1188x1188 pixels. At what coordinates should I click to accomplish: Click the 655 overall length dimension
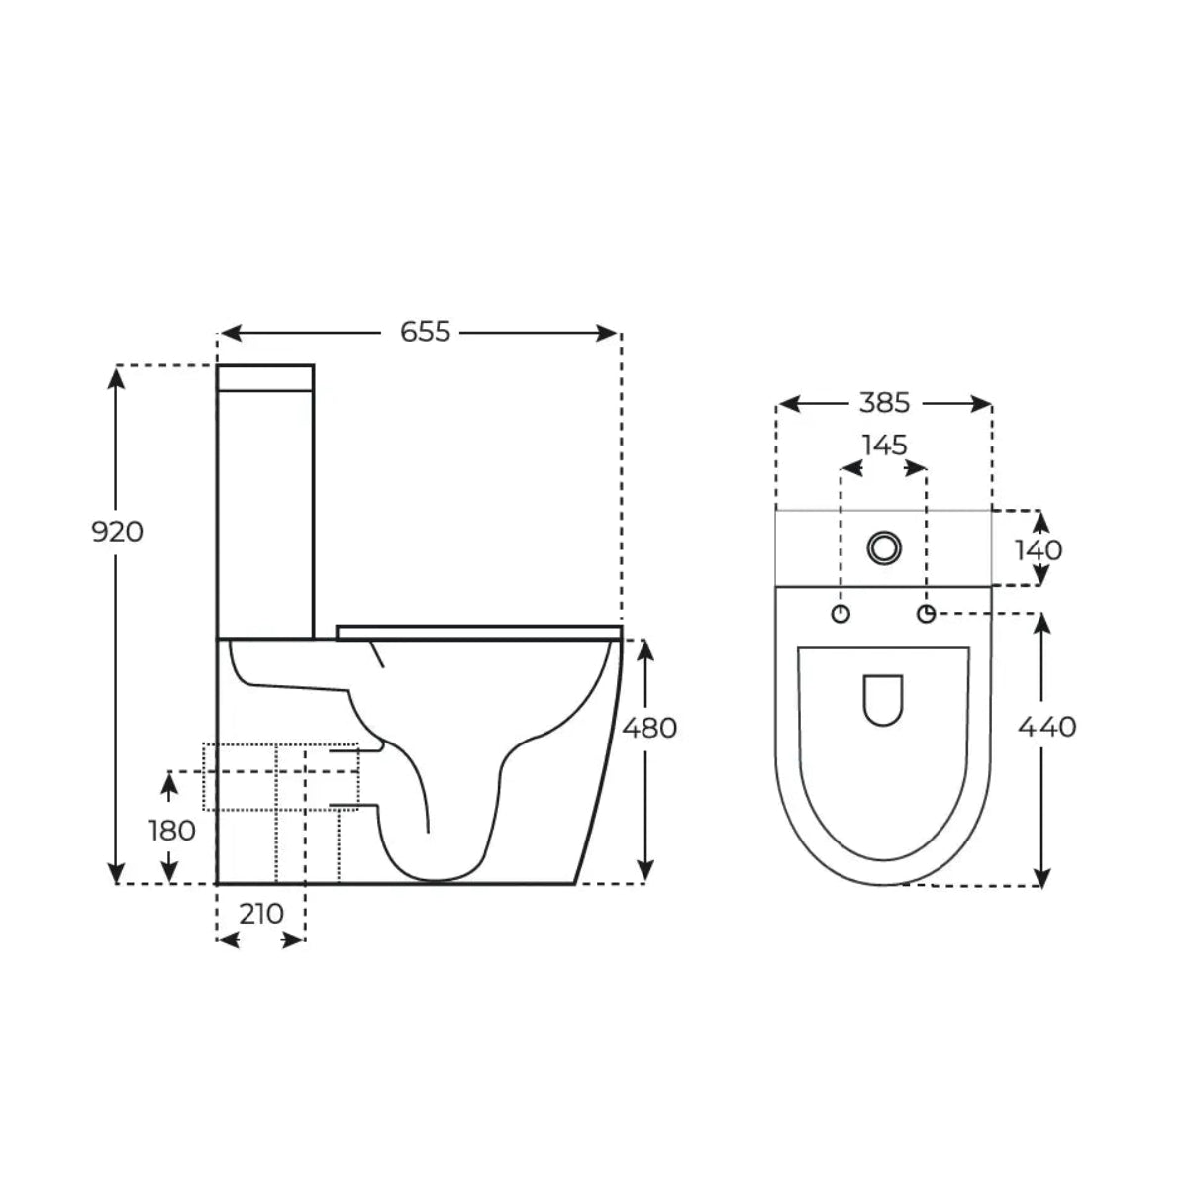425,332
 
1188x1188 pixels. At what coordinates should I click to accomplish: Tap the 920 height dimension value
118,532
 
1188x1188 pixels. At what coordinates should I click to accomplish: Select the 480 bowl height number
649,728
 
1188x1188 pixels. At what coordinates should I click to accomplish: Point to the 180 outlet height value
172,830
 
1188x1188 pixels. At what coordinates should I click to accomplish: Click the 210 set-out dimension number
261,913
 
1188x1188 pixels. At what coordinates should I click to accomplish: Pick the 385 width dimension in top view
884,403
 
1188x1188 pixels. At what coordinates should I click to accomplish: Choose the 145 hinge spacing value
884,445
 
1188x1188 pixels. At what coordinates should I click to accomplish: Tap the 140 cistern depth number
1039,549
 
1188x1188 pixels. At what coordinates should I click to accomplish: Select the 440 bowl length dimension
1046,727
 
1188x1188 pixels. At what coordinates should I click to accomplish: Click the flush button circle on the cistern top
884,547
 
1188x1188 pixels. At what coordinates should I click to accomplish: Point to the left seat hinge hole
841,614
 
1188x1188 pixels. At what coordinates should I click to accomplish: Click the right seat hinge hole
927,614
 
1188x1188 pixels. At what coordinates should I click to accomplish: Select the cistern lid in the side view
265,377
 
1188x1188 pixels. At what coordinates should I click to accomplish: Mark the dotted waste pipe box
279,777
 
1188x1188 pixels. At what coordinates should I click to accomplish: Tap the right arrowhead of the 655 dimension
611,333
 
